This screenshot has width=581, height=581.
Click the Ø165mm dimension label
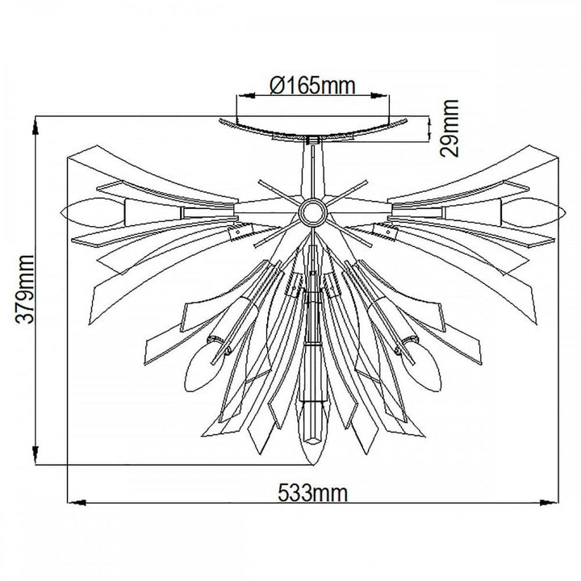pos(313,86)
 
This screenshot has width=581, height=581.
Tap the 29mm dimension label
pos(449,128)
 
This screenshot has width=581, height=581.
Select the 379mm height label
pos(25,290)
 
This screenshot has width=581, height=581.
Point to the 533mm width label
pos(313,493)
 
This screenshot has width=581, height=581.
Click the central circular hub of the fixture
pos(313,211)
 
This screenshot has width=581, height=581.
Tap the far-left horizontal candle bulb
pos(92,212)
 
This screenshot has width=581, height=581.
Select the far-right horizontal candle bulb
pos(533,212)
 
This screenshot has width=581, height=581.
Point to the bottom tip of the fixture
pos(313,464)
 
